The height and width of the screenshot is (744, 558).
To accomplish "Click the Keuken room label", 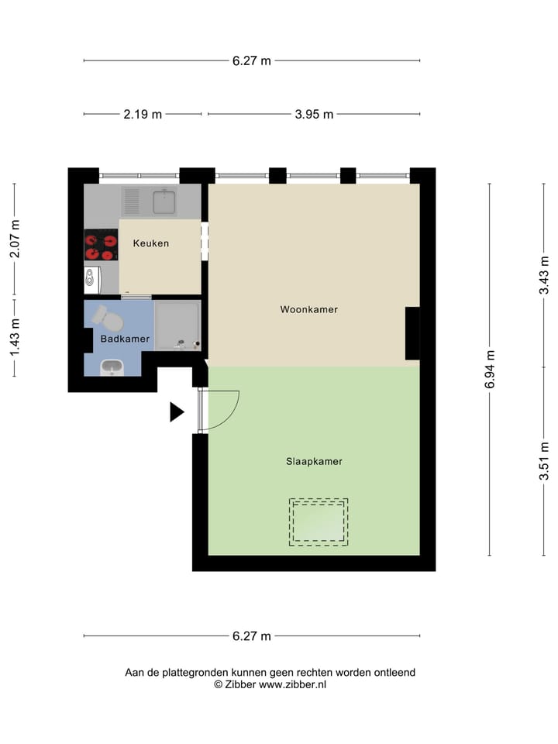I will coord(150,243).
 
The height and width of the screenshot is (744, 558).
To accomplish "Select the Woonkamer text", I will coord(308,309).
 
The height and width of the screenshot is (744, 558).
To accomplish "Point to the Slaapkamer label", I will coord(313,461).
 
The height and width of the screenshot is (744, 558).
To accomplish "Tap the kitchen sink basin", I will coord(164,201).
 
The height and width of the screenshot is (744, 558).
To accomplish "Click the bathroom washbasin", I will coord(112,367).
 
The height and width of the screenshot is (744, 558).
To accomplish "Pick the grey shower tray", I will coord(177,325).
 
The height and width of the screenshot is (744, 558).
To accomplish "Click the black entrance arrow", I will coord(177,412).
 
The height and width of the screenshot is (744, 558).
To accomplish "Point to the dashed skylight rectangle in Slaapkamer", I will coord(319,522).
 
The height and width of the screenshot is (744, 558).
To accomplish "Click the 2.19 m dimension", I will coord(143,115).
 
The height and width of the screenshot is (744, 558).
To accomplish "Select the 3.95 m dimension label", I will coord(314,115).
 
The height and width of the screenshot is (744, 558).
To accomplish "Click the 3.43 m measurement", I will coord(545,274).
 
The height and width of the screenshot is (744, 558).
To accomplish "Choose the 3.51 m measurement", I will coord(545,461).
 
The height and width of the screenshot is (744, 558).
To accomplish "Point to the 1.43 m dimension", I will coord(15,337).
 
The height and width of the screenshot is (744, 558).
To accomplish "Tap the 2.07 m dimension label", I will coord(15,239).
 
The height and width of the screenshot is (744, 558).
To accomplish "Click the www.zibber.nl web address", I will coord(292,685).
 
